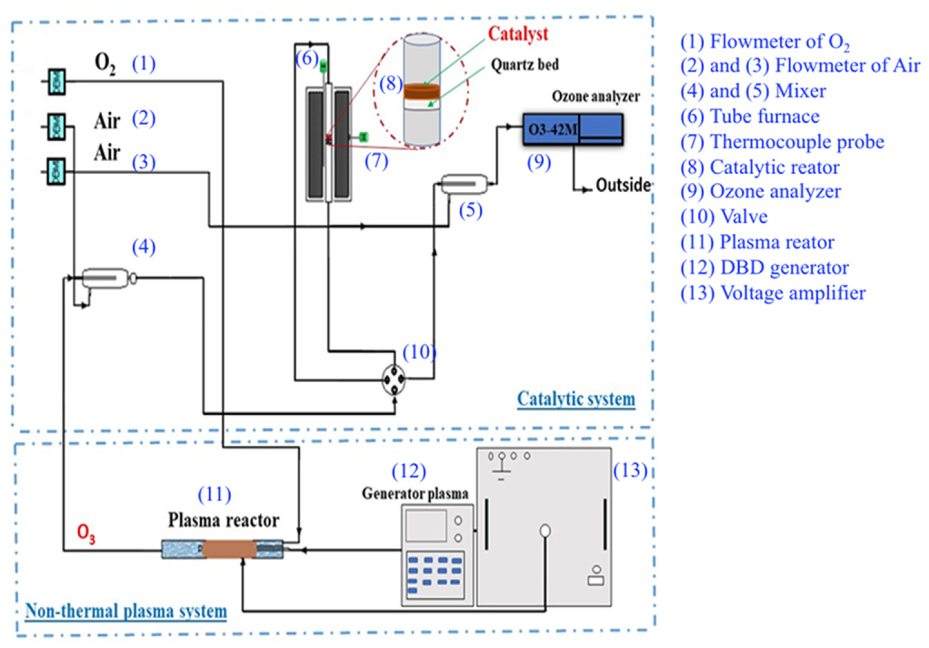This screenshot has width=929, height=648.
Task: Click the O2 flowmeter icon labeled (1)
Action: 57,81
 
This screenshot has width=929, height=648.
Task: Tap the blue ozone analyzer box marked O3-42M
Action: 573,129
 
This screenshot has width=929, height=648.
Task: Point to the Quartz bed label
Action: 524,65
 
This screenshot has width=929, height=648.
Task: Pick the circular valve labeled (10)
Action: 393,379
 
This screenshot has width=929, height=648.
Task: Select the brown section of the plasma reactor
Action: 229,550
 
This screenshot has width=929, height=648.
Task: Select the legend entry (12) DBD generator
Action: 764,268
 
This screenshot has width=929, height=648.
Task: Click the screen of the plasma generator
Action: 426,525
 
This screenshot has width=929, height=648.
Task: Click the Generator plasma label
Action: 415,493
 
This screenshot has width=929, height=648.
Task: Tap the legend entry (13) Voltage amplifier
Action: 773,293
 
